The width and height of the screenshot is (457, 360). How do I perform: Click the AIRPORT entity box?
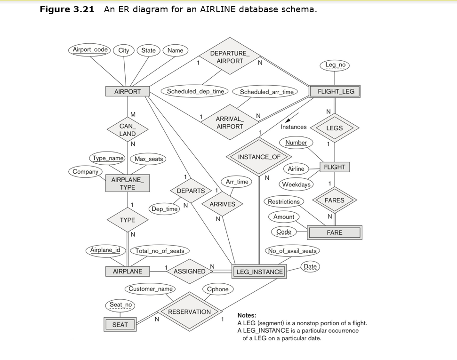point(128,91)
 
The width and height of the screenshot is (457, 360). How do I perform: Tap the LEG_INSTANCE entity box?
point(259,272)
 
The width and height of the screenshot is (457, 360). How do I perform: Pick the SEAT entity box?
point(120,325)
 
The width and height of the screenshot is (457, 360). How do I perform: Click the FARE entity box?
point(335,232)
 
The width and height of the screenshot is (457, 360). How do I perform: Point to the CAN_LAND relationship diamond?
point(127,130)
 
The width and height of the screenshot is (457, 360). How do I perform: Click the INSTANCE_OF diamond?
point(259,157)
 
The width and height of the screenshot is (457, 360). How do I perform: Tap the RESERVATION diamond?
point(190,312)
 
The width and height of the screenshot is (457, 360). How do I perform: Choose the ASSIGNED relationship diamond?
point(190,271)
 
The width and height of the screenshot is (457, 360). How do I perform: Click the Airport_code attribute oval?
point(89,49)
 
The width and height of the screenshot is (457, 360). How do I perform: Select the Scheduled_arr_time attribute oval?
point(266,92)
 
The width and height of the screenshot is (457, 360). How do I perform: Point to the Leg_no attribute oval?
point(335,65)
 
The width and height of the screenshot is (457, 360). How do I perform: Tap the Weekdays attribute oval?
point(297,184)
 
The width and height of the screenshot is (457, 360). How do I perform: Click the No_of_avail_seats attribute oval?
point(292,251)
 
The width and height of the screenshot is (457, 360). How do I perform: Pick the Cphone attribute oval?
point(217,289)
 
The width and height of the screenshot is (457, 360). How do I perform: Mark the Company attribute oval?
point(85,172)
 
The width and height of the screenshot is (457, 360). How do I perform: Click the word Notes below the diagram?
point(247,315)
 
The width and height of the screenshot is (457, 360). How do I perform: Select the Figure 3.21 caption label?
point(66,9)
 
